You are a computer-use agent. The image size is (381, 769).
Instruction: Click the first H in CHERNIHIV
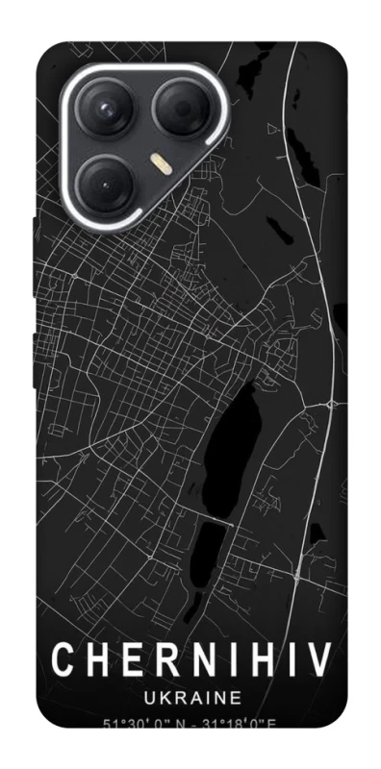point(96,661)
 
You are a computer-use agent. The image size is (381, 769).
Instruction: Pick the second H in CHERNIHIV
point(264,661)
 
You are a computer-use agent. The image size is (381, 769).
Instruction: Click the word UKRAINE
point(190,696)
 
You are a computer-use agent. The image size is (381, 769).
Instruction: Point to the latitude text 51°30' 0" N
point(140,723)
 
